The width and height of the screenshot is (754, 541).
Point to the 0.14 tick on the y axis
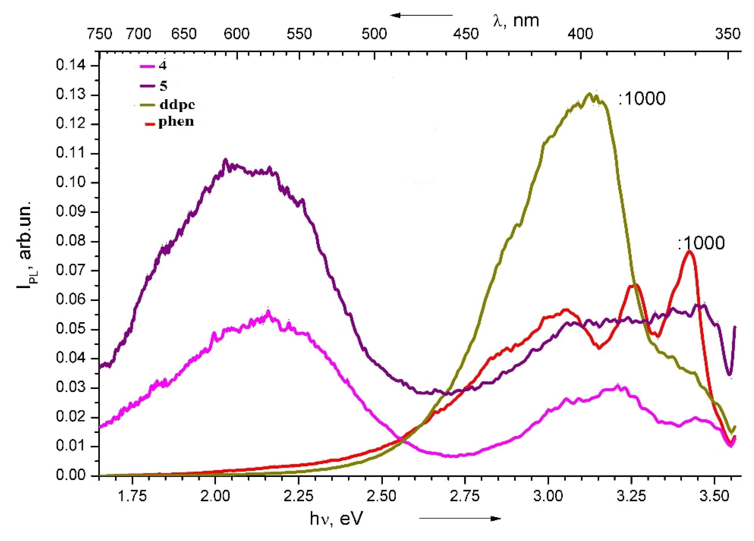click(x=70, y=65)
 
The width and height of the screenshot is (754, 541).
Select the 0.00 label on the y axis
click(x=70, y=475)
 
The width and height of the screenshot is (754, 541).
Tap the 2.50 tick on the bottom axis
click(x=382, y=496)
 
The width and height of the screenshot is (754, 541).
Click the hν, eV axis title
click(x=335, y=519)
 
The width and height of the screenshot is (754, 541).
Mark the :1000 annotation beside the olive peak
click(x=642, y=99)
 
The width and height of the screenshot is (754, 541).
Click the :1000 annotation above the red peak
click(x=701, y=243)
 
